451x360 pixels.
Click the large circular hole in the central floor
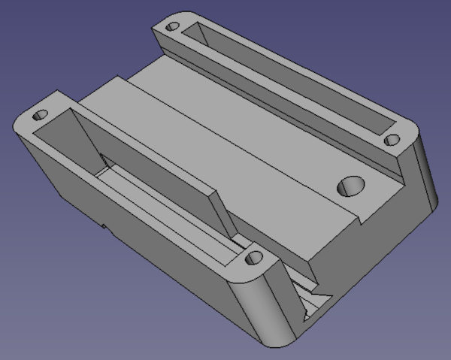[x=350, y=184]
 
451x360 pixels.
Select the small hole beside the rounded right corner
[x=391, y=140]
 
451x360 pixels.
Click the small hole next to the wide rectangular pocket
[x=37, y=117]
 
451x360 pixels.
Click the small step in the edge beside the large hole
[x=363, y=219]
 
